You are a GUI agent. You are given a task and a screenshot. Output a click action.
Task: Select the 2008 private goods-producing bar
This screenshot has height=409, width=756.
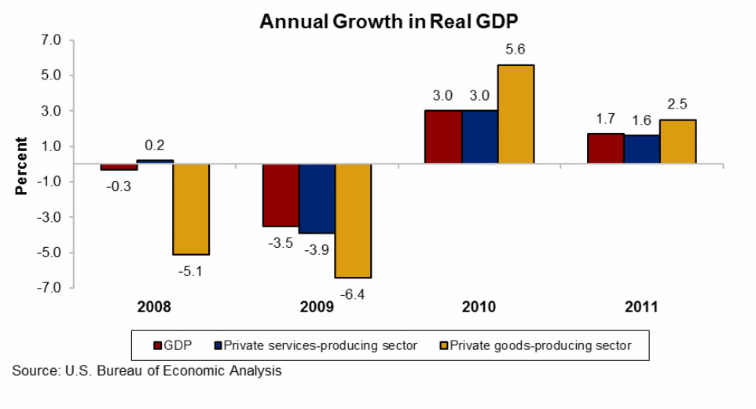tap(191, 209)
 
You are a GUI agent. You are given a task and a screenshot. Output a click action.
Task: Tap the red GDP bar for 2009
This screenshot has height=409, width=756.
tap(281, 195)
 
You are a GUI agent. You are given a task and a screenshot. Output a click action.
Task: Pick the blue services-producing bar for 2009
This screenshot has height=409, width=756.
tap(317, 199)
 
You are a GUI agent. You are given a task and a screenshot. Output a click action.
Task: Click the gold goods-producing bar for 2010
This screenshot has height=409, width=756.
tap(516, 114)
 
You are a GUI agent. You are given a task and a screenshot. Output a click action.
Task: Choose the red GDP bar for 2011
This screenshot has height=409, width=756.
tap(605, 149)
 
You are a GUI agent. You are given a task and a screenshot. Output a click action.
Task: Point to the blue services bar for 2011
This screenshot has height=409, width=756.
tap(641, 149)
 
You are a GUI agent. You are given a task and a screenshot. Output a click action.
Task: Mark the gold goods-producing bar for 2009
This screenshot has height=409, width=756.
tap(353, 221)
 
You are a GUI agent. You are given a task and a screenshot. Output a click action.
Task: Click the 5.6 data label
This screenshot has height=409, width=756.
tap(516, 50)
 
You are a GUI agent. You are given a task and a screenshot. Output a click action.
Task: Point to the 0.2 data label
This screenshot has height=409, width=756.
tap(155, 146)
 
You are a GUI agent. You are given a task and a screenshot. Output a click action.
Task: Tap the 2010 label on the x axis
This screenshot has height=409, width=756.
tap(479, 307)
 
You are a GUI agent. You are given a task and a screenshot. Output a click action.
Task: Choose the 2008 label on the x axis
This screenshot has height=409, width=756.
tap(155, 307)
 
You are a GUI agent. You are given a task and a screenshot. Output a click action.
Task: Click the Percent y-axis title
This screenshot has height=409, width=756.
tap(22, 166)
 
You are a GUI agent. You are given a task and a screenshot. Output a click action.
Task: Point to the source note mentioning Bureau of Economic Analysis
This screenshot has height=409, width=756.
tap(147, 370)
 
